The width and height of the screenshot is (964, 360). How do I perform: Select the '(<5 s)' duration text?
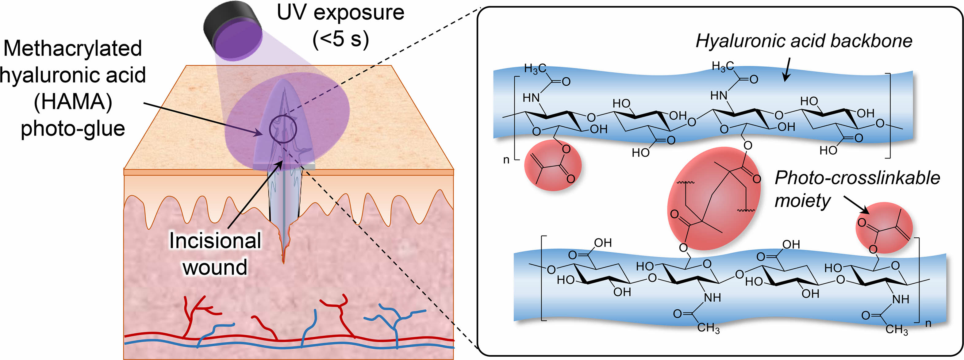[x=340, y=39]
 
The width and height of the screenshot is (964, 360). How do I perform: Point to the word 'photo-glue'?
[x=73, y=129]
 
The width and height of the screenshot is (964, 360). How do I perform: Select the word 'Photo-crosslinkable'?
[x=857, y=178]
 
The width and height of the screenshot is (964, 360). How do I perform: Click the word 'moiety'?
[x=802, y=201]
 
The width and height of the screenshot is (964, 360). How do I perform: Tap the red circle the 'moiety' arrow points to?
[x=884, y=228]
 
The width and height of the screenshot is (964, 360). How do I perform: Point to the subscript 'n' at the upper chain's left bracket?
[x=506, y=160]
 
